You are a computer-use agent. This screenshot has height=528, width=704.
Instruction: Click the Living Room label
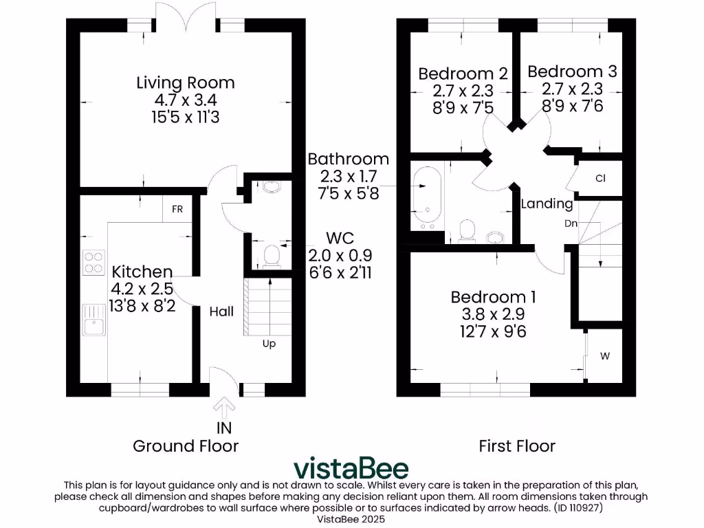[x=185, y=83]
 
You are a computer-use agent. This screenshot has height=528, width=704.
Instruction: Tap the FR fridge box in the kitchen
[x=177, y=210]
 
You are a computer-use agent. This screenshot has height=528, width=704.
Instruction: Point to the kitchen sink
[x=92, y=320]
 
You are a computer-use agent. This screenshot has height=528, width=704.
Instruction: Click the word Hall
[x=221, y=311]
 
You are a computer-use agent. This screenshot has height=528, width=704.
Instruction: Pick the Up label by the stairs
[x=269, y=344]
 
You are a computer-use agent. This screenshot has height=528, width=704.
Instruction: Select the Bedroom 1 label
[x=493, y=297]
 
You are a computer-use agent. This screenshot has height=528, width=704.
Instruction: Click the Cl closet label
[x=600, y=179]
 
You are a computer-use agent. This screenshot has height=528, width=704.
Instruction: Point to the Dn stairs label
[x=571, y=223]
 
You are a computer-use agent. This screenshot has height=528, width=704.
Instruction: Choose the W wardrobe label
[x=605, y=356]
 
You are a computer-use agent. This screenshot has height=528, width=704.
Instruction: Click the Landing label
[x=547, y=203]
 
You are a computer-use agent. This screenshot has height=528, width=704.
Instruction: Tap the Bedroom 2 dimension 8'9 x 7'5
[x=463, y=107]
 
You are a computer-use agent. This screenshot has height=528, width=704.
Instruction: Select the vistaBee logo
[x=351, y=468]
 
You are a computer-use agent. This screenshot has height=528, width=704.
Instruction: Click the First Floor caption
[x=517, y=446]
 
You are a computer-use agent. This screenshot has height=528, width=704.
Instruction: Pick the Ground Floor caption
[x=186, y=446]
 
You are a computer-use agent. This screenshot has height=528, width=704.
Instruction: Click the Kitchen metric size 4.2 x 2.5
[x=143, y=289]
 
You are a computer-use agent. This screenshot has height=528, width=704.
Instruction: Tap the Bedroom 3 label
[x=572, y=71]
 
